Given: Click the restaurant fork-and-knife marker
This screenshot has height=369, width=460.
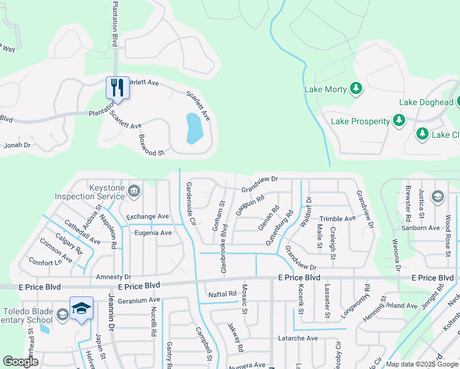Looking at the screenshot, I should click(117, 87).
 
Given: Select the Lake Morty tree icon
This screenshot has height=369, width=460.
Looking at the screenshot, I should click(356, 89).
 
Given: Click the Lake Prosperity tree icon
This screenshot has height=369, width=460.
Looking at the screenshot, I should click(399, 121).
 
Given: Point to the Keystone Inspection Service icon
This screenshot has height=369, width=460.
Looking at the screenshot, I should click(134, 192).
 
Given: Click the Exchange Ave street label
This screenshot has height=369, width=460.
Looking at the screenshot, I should click(147, 216).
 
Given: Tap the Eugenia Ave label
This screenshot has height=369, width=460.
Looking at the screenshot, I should click(149, 232).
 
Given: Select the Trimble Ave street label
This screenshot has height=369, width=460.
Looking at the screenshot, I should click(337, 218).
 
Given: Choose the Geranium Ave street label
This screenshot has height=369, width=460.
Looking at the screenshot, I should click(139, 300).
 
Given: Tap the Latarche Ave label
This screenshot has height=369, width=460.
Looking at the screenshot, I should click(297, 338).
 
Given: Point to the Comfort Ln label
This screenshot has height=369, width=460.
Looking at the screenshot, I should click(46, 263).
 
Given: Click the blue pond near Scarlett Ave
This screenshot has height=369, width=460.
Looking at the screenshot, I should click(194, 128).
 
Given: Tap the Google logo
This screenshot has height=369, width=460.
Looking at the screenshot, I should click(20, 362).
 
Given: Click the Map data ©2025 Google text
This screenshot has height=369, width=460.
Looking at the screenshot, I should click(422, 364).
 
